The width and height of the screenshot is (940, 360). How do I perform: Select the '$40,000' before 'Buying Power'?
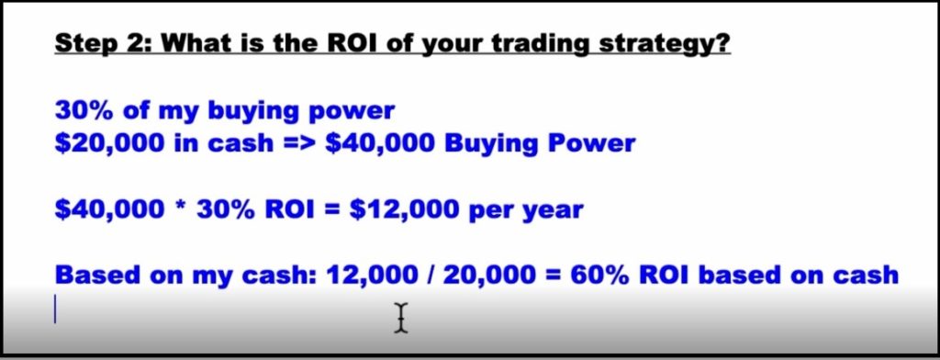pos(375,143)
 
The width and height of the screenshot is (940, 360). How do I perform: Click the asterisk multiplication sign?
pos(179,205)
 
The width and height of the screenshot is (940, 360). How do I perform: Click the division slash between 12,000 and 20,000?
pos(427,275)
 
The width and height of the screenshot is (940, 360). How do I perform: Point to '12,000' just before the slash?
pos(371,276)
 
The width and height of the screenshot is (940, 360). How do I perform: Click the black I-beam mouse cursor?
pos(401,318)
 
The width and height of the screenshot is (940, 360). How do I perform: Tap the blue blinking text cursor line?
pos(56,309)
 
